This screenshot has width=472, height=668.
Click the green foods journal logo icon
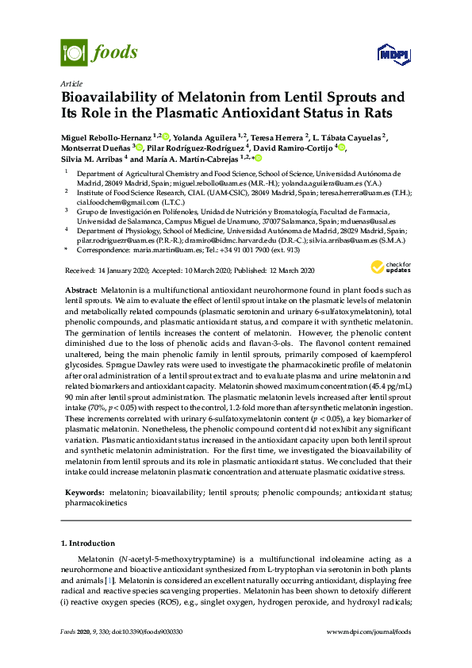74,52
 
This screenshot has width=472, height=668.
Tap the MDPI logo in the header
393,54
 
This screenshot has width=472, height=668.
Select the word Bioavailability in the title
113,98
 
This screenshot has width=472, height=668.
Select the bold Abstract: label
82,291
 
